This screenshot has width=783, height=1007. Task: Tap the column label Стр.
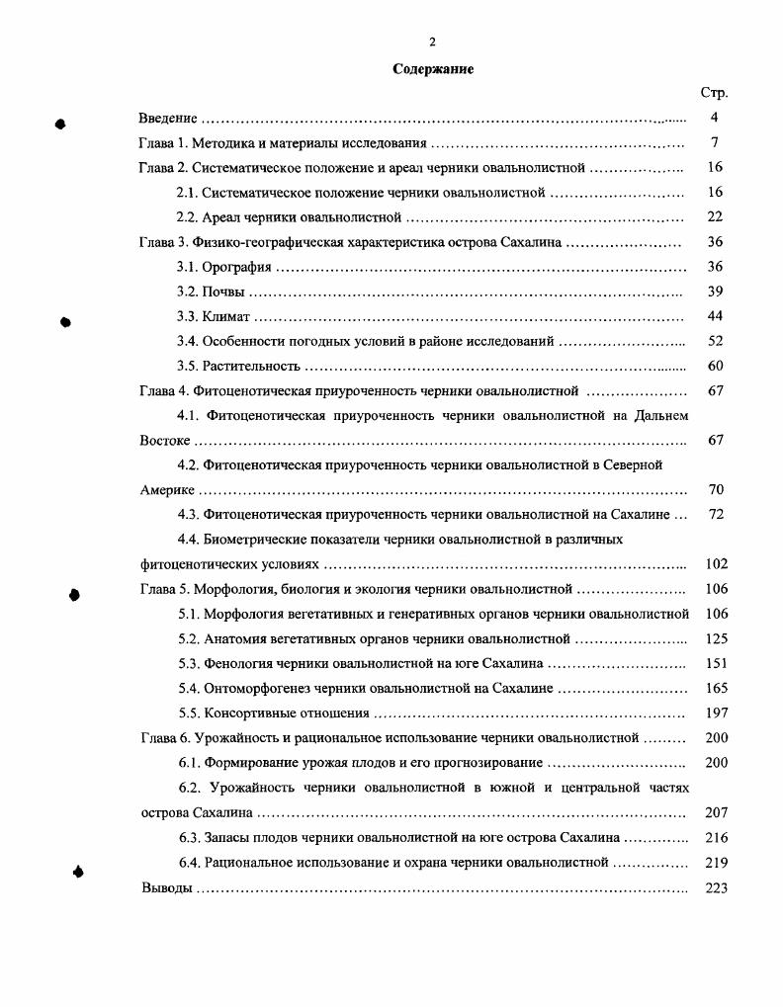714,93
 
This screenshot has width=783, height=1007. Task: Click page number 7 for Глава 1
714,142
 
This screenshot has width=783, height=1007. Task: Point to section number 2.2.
188,216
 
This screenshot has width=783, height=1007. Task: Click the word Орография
236,267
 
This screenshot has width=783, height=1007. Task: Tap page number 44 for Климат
716,316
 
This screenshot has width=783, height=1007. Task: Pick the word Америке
168,489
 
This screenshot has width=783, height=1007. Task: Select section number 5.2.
189,638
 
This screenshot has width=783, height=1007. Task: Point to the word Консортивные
249,713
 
